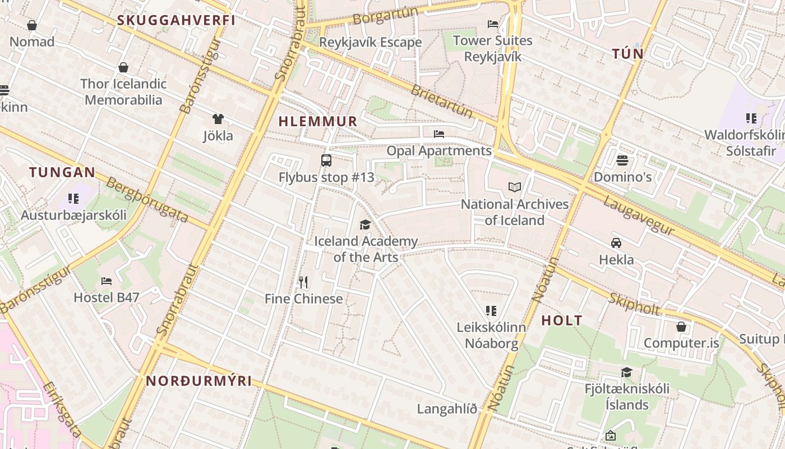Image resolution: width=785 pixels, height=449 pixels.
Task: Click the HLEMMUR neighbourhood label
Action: pos(317,121)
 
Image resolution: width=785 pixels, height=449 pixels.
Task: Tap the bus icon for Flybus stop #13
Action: pos(326,161)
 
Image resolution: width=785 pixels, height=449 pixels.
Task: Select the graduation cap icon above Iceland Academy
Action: pos(366,224)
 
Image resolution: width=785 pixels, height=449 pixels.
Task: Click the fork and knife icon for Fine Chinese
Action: pos(303,282)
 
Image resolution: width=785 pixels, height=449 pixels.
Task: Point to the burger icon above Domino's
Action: pos(622,161)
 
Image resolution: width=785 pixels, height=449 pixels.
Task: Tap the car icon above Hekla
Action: pos(616,243)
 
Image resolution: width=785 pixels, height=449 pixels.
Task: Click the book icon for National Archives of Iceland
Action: pos(514,187)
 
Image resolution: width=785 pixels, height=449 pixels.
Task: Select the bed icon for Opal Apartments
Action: pos(439,134)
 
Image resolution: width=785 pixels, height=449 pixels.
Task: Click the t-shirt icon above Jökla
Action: pos(218,119)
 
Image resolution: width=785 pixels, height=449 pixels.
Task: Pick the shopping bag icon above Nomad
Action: pos(32,25)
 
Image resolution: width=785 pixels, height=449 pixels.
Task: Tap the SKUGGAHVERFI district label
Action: pos(176,21)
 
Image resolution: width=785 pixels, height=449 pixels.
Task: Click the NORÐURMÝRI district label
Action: pos(199,381)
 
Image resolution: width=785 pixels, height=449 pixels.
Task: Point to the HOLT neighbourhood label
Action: pos(562,321)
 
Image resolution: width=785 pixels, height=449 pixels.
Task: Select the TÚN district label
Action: pos(627,54)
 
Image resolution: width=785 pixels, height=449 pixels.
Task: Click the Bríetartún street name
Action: pos(442,101)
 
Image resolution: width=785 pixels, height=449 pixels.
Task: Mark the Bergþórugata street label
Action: pos(147,200)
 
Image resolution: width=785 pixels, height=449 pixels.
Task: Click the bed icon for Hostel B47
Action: pos(107,281)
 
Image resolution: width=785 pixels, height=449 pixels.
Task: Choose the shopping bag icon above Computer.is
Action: pos(681,327)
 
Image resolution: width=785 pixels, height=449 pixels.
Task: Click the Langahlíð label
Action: pos(447,409)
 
